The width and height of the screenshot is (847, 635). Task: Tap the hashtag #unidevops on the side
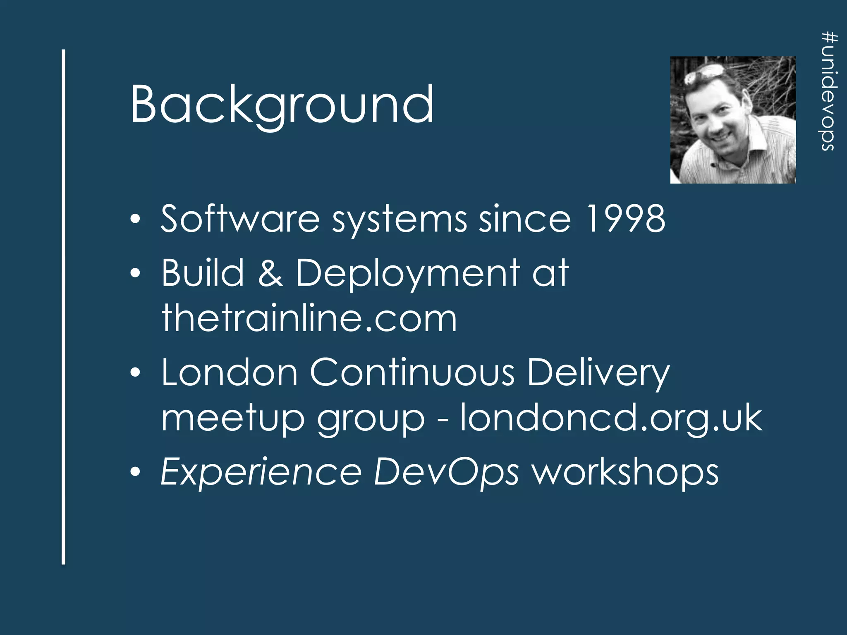click(829, 92)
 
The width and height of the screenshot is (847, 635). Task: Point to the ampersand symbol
click(270, 273)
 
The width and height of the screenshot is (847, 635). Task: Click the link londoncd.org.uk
click(611, 418)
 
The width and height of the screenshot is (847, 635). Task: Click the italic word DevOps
click(446, 473)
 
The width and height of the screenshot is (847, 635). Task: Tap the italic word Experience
click(261, 473)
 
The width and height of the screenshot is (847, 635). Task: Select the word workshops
click(625, 473)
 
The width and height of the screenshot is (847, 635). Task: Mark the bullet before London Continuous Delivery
click(135, 373)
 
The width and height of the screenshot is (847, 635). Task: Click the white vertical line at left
click(64, 306)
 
